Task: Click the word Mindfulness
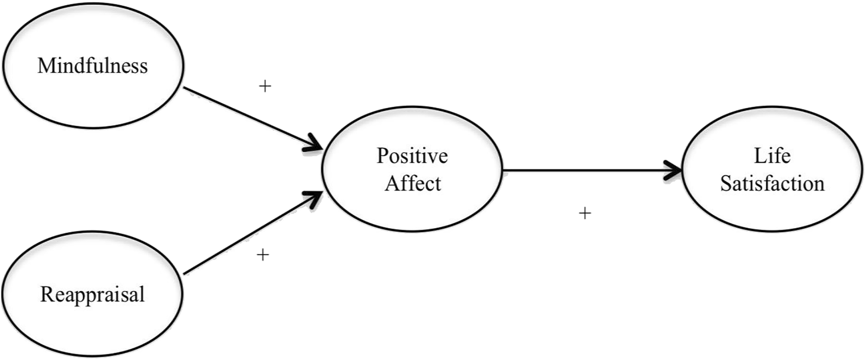click(x=92, y=66)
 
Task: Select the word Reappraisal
click(x=92, y=295)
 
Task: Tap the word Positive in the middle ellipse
click(x=412, y=156)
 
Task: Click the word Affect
click(x=413, y=184)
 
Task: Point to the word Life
click(x=772, y=156)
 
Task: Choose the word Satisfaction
click(x=772, y=184)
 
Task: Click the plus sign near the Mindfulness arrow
click(x=265, y=86)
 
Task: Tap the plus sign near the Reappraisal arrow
click(x=263, y=255)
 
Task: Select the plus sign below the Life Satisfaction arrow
click(x=585, y=213)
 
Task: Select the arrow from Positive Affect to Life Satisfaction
click(x=586, y=170)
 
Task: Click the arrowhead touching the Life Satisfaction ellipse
click(x=674, y=170)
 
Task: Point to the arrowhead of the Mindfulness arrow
click(x=314, y=145)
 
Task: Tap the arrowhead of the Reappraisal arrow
click(x=314, y=197)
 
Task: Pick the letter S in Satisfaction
click(x=726, y=184)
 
